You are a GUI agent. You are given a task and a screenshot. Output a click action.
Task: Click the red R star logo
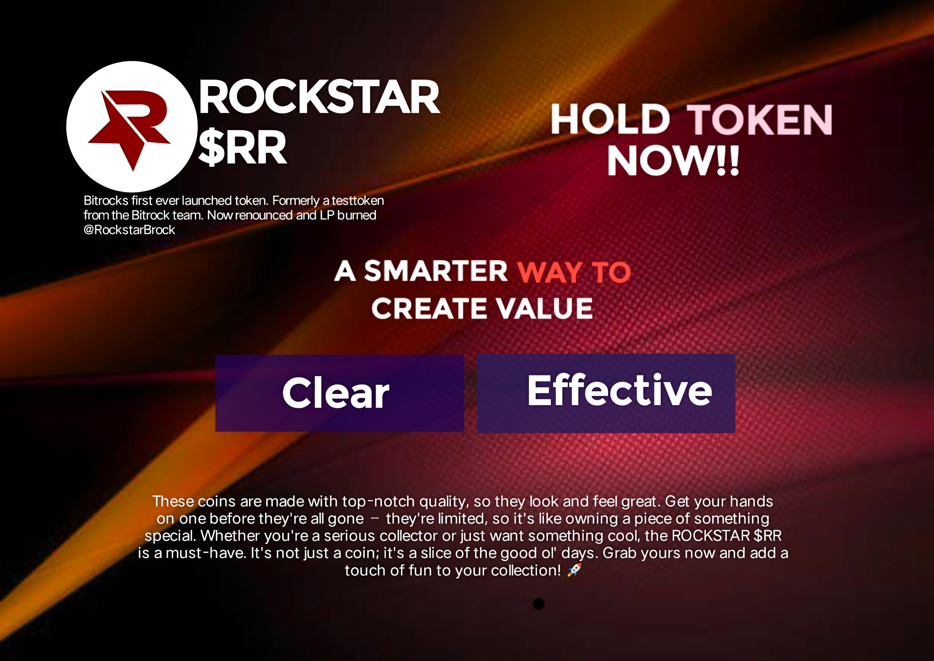coord(129,128)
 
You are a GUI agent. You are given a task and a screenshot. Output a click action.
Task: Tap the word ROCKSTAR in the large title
coord(319,97)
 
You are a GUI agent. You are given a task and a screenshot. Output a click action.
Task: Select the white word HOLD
coord(610,119)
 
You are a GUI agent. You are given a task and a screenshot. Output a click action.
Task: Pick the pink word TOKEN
coord(759,119)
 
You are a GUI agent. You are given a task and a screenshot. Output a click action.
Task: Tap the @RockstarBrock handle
coord(129,230)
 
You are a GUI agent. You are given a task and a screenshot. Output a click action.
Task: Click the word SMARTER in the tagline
coord(436,271)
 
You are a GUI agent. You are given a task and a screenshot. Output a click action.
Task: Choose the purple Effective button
coord(606,393)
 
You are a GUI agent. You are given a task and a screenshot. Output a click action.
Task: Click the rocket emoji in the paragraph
coord(574,570)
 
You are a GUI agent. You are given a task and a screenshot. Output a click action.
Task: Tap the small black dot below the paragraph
coord(539,604)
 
